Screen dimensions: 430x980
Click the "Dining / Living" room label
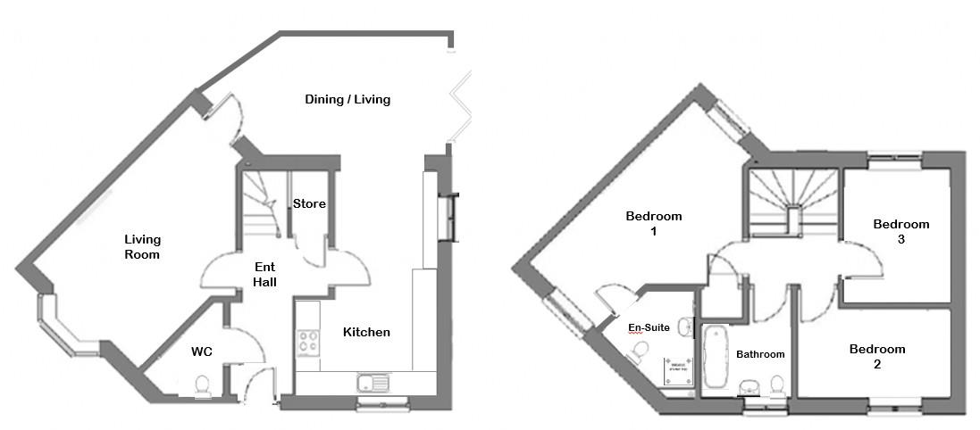[348, 99]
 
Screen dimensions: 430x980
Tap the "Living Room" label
[142, 247]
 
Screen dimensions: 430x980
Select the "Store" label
[310, 204]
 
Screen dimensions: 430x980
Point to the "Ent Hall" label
[264, 275]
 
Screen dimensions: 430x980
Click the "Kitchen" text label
[366, 333]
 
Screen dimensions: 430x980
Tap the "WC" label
[202, 351]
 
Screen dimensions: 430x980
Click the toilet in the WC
[203, 385]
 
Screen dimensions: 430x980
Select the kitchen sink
[373, 385]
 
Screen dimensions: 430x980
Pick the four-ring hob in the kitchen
[308, 342]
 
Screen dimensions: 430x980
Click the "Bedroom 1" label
[654, 224]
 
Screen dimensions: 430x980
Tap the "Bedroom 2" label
[876, 357]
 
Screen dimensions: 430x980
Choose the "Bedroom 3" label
[901, 232]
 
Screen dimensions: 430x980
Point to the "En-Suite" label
[649, 328]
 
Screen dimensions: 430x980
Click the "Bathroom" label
[760, 354]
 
